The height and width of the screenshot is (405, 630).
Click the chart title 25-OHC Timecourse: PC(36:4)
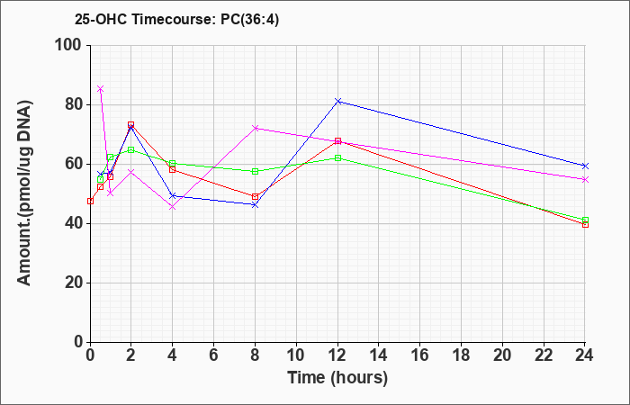click(x=176, y=19)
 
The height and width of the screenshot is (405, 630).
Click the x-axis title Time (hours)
click(x=337, y=378)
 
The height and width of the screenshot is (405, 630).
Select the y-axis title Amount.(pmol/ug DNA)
click(x=24, y=193)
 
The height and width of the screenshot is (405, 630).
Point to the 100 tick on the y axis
click(x=71, y=45)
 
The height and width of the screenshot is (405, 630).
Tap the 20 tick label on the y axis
click(x=76, y=283)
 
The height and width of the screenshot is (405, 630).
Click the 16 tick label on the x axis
click(x=420, y=355)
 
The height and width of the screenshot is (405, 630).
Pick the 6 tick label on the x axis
click(x=214, y=355)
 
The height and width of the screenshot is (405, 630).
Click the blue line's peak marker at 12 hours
click(x=337, y=101)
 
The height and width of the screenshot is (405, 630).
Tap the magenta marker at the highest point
click(x=101, y=89)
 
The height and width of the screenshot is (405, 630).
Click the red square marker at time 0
click(x=90, y=201)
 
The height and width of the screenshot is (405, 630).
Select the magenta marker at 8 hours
click(x=255, y=128)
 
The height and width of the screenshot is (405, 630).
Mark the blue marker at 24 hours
click(x=585, y=166)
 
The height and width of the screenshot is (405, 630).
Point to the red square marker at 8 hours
click(x=255, y=196)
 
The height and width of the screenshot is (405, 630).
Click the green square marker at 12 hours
click(x=337, y=157)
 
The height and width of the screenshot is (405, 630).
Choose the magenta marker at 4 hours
click(x=173, y=207)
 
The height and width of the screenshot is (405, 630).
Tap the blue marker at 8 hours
click(x=255, y=205)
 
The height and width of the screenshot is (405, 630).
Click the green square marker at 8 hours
click(x=255, y=172)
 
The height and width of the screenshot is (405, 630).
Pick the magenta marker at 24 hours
click(x=585, y=180)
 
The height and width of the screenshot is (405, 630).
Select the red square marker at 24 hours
click(x=585, y=225)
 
